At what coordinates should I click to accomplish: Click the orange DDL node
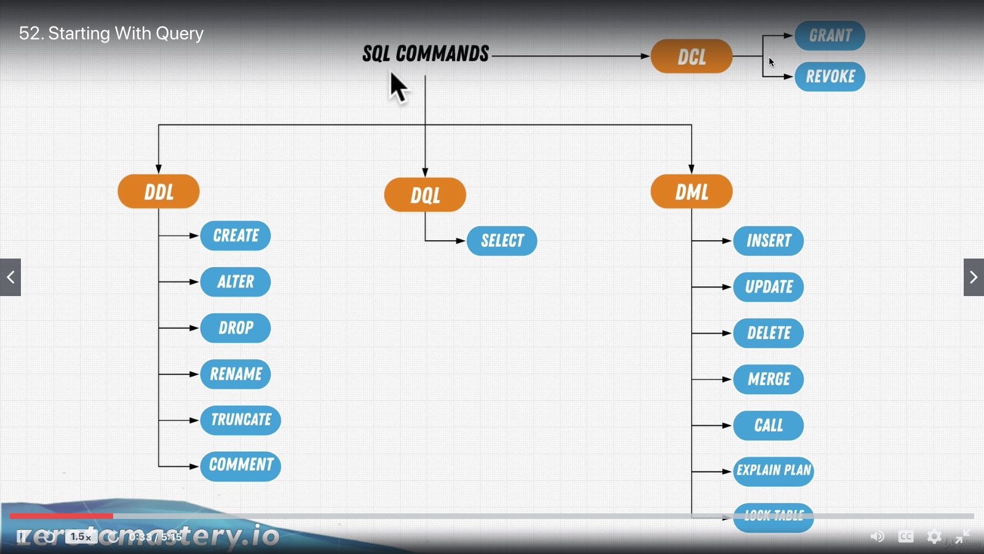(x=159, y=191)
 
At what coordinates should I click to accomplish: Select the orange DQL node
(x=425, y=195)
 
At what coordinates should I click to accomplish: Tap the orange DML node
(x=691, y=191)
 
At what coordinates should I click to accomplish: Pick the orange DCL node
(x=691, y=57)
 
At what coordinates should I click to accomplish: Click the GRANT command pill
(x=830, y=36)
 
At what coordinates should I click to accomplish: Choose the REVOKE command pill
(x=830, y=76)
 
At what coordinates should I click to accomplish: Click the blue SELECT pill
(x=502, y=241)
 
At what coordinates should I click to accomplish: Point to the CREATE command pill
(x=236, y=235)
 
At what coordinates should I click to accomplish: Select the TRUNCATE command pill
(x=240, y=420)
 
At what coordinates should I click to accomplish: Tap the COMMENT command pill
(x=240, y=465)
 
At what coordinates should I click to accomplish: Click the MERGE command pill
(x=768, y=379)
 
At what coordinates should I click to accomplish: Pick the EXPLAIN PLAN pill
(x=774, y=471)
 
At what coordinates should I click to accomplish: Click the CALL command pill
(x=768, y=425)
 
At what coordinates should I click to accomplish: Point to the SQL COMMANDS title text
(x=426, y=54)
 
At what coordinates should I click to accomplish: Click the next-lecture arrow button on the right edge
(x=974, y=278)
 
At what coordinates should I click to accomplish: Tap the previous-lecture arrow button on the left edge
(x=10, y=278)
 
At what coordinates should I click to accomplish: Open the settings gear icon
(x=934, y=537)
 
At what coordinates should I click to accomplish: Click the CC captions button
(x=906, y=537)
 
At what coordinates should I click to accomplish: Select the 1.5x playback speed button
(x=81, y=537)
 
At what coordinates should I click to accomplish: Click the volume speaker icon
(x=877, y=537)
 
